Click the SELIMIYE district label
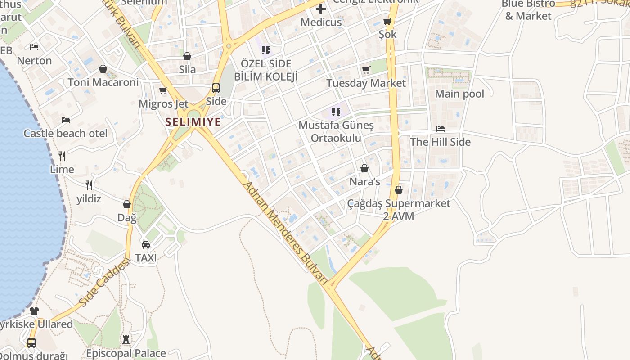(x=193, y=122)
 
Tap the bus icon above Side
(x=216, y=88)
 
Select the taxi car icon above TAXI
(x=146, y=245)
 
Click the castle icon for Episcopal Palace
(x=126, y=340)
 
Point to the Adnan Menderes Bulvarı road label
(x=284, y=233)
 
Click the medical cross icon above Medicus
(x=321, y=9)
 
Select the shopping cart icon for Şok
(x=387, y=22)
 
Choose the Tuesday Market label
(x=366, y=83)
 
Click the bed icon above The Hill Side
(x=441, y=129)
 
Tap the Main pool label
(x=459, y=94)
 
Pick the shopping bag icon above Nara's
(x=364, y=169)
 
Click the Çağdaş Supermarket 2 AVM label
(x=399, y=210)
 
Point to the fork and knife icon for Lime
(x=62, y=156)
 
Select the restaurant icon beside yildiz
(x=89, y=185)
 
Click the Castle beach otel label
(x=66, y=134)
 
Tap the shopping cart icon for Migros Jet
(x=163, y=91)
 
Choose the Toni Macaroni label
(x=103, y=82)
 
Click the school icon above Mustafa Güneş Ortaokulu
(x=336, y=112)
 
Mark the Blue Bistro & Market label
(x=528, y=10)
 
